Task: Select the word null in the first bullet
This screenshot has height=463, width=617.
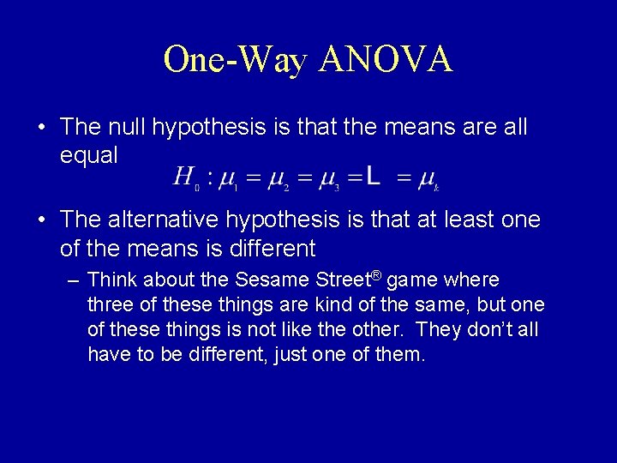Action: point(128,128)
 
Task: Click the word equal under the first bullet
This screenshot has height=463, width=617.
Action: point(89,155)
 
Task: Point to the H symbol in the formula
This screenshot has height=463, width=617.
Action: point(183,177)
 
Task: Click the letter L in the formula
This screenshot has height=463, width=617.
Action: point(374,177)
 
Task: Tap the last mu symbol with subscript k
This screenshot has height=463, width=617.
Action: point(426,179)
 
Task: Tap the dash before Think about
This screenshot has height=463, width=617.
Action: point(75,281)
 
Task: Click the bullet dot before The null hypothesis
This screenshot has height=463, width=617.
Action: point(42,129)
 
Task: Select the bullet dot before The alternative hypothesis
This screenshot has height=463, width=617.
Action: point(42,221)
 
